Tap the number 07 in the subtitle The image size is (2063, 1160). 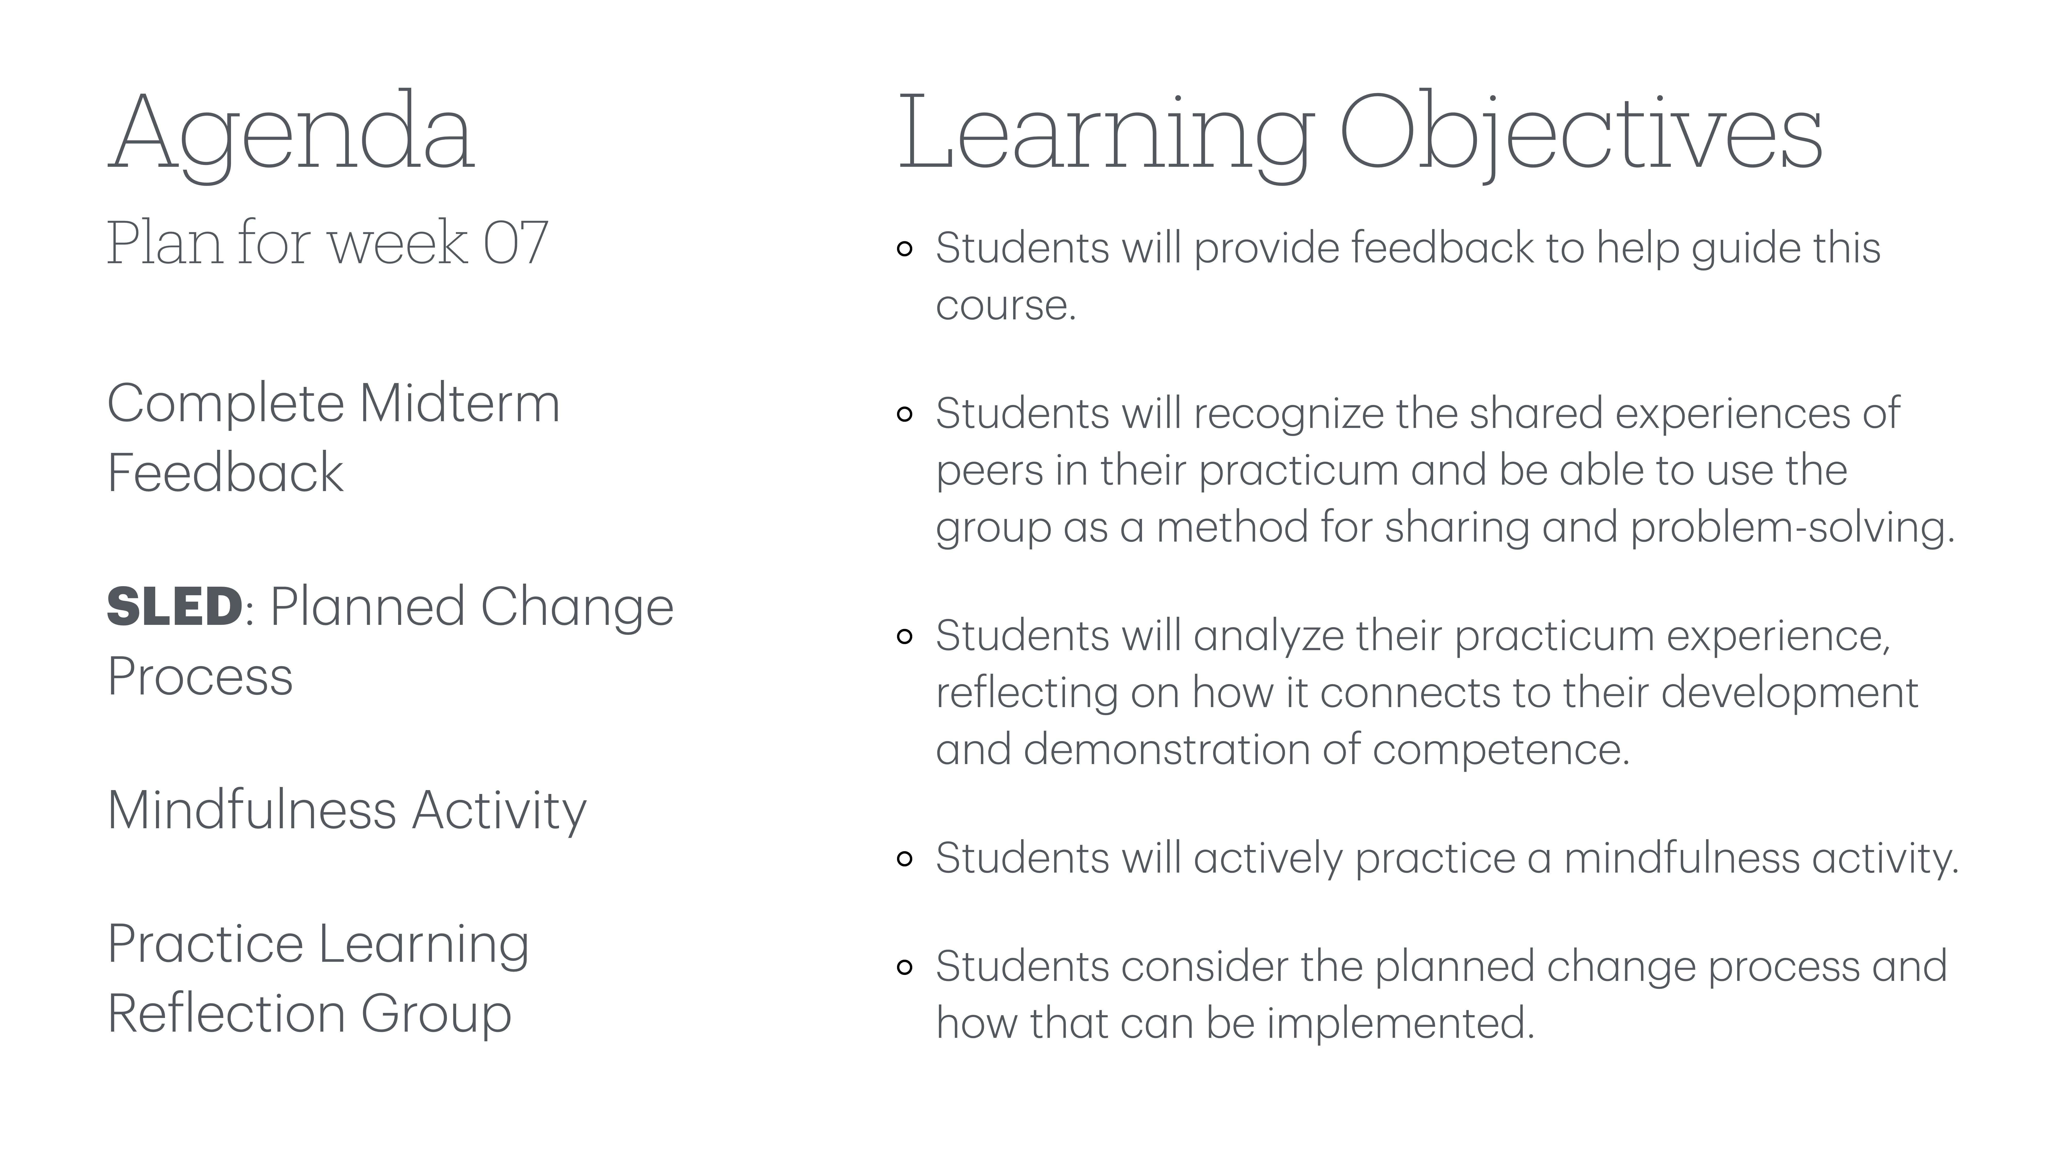pos(515,243)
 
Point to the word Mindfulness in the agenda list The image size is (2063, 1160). pos(251,810)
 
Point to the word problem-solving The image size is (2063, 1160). pos(1792,528)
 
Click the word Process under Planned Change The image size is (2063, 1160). pos(200,676)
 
